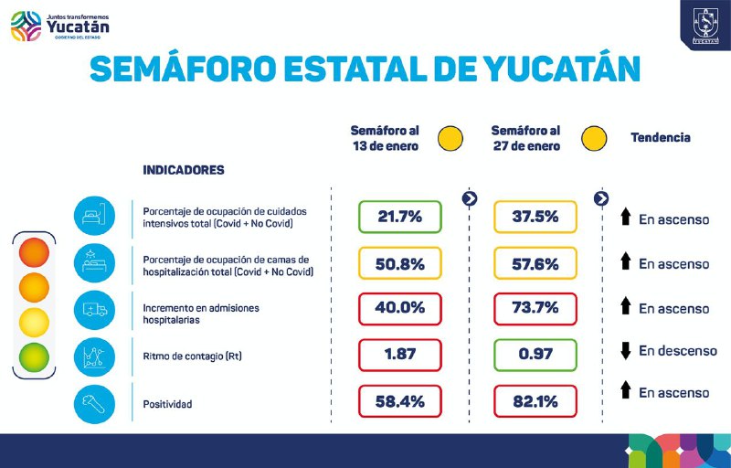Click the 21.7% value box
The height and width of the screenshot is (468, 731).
[399, 217]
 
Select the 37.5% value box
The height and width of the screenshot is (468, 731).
[535, 217]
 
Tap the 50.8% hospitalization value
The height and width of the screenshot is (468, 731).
[399, 263]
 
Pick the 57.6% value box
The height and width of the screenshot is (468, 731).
[535, 263]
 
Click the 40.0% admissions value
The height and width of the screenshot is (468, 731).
[399, 308]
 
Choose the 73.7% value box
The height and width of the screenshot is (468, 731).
[535, 308]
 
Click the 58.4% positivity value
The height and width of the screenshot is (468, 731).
[399, 400]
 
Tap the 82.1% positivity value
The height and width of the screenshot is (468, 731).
[535, 400]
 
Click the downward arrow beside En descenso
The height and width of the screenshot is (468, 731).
[625, 351]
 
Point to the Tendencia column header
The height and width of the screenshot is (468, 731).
[660, 137]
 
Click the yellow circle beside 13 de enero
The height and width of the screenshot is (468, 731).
[450, 138]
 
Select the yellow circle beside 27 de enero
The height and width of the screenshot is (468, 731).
[595, 138]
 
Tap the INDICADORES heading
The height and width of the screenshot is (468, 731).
[184, 170]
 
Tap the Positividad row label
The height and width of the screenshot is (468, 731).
[168, 402]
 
